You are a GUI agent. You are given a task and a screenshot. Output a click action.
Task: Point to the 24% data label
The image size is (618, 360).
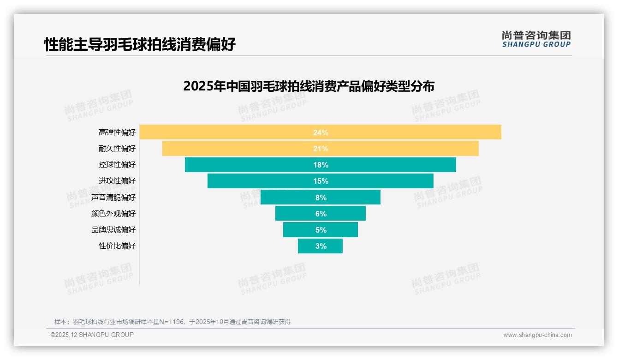coord(321,132)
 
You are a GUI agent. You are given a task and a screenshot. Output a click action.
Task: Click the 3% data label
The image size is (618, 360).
coord(321,246)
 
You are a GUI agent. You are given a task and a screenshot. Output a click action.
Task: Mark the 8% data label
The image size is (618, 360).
coord(321,198)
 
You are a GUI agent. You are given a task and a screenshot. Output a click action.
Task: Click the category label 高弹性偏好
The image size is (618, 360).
coord(117,132)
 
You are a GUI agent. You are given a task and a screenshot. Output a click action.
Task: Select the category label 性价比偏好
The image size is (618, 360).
coord(117,246)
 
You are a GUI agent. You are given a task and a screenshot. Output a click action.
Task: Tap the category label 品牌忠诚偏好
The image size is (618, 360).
coord(113,230)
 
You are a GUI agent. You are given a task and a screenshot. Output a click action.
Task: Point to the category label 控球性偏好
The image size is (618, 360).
coord(117,165)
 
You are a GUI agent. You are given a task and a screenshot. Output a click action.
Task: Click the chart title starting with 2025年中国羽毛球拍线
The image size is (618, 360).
coord(309,86)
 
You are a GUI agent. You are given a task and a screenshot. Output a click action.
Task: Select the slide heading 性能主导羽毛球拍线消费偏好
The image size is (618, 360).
coord(140,44)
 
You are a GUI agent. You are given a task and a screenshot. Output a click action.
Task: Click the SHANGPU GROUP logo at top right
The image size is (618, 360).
coord(536,39)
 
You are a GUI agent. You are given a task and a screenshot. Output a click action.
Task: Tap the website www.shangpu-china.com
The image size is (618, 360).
coord(537,335)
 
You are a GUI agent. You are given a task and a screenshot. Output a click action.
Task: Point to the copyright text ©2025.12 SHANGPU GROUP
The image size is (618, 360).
coord(92,335)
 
